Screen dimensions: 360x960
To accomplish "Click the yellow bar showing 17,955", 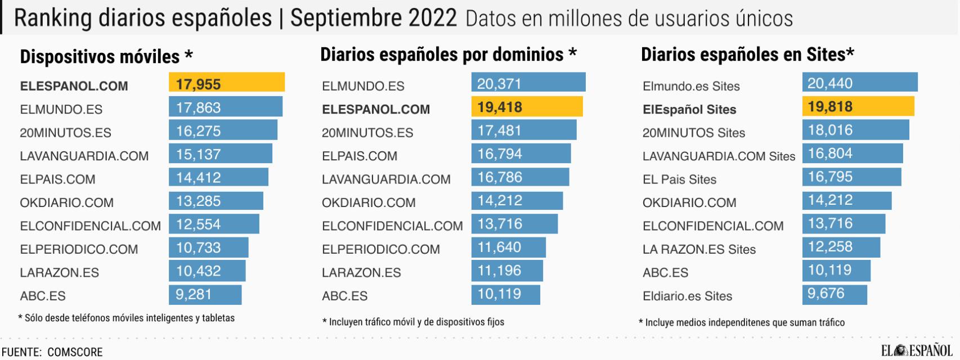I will tap(226, 82).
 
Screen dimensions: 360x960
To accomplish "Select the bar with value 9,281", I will tap(205, 294).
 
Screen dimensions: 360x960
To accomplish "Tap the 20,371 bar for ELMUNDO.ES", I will tap(528, 82).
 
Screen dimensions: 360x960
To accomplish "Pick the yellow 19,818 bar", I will tap(858, 106).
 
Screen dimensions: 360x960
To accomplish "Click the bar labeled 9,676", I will tap(834, 294).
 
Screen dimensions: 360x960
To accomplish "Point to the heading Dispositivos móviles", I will tap(106, 56).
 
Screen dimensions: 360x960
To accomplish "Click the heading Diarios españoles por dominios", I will tap(448, 55).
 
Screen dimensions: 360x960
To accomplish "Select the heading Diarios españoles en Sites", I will tap(747, 55).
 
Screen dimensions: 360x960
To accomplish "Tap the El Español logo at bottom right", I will tap(916, 350).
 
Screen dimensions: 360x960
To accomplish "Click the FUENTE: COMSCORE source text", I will tap(52, 352).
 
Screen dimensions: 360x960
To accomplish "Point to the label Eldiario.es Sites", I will tap(687, 296).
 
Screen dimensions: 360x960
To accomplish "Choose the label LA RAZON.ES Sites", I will tap(699, 249).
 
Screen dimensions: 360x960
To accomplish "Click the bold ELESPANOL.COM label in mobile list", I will tap(74, 86).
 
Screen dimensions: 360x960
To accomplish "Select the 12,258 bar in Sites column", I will tap(841, 247).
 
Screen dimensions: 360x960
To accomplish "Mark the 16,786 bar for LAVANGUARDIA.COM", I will tap(520, 177).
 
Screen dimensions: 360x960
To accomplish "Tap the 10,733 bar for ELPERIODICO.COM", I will tap(208, 247).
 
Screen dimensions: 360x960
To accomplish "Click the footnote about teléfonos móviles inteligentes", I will tap(127, 318).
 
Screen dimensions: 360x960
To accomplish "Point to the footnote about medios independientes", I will tap(742, 322).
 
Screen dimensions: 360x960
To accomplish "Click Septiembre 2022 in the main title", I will tap(373, 18).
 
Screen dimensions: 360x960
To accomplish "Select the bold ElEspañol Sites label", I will tap(689, 109).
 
